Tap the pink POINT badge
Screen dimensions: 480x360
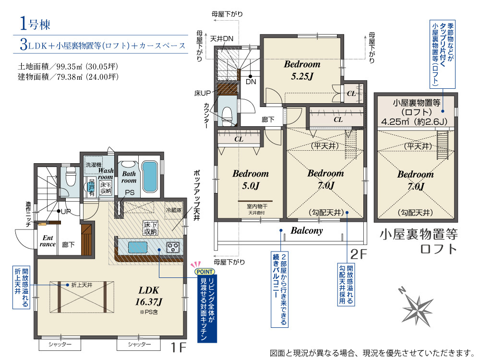(204, 272)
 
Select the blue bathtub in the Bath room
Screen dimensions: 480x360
(150, 176)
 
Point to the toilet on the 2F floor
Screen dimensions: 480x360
(228, 116)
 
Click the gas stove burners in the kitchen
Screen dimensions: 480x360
(173, 247)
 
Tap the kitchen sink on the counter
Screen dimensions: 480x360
(137, 247)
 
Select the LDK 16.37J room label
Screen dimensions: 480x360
(149, 296)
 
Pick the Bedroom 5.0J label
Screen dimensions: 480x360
(251, 180)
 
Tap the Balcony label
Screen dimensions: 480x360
(307, 230)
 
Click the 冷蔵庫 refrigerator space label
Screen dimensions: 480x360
(174, 210)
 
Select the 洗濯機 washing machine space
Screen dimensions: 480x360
(94, 165)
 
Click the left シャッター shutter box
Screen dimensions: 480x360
(60, 344)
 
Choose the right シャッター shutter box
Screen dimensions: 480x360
(139, 344)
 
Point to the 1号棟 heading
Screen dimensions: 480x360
(35, 24)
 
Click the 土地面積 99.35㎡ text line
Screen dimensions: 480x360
(68, 66)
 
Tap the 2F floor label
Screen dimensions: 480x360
(359, 254)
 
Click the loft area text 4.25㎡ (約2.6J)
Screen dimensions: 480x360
(414, 121)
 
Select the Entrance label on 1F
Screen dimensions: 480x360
(48, 241)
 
